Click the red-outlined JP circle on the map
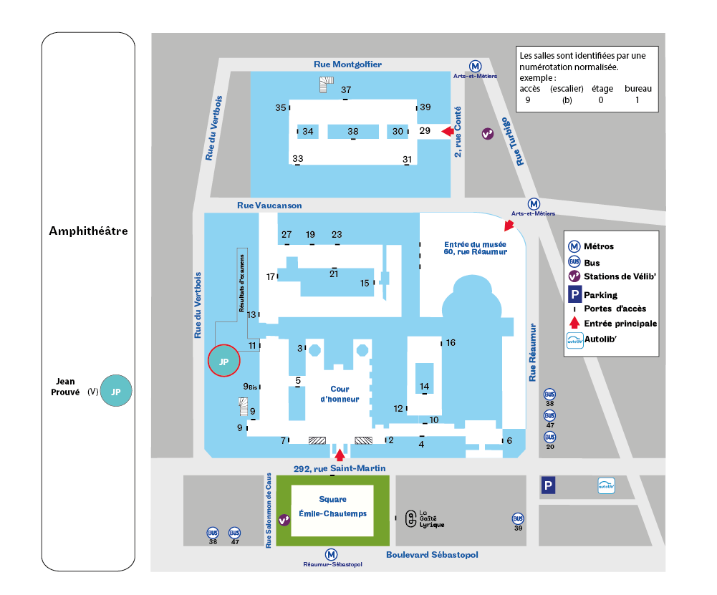point(223,362)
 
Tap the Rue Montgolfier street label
point(347,64)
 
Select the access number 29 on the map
point(425,131)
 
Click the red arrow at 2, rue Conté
point(447,131)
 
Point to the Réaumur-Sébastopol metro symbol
point(331,553)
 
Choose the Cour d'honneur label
point(340,394)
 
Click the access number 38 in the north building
point(353,132)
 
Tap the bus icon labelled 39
point(518,518)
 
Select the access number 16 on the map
point(451,343)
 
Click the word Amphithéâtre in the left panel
point(88,231)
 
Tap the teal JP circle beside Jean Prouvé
point(116,392)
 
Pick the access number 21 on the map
point(334,274)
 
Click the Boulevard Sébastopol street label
point(432,555)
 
